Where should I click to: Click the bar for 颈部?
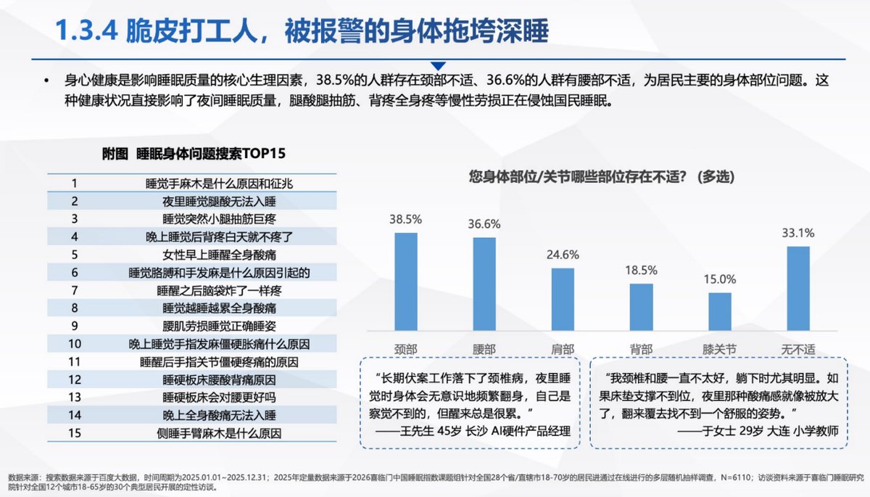[405, 286]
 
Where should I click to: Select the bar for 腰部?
[484, 288]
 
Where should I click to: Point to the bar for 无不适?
[797, 292]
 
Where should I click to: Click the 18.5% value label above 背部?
[641, 270]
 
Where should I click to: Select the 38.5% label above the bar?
[405, 218]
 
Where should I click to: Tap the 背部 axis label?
[641, 350]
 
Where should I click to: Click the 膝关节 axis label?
[720, 350]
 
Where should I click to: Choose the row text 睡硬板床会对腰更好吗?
[218, 397]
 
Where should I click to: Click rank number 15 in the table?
[74, 433]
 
